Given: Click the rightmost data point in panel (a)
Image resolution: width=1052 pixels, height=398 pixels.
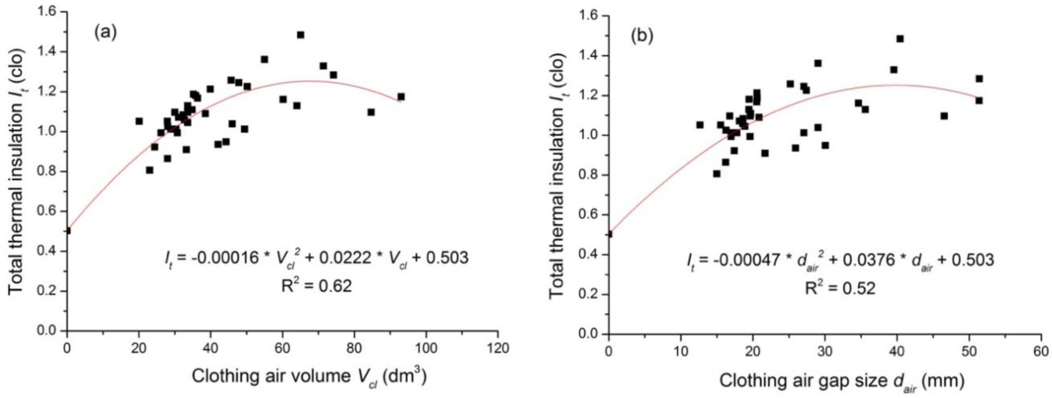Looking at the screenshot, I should point(401,97).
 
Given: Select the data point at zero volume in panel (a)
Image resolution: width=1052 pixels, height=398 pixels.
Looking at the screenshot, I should point(68,231).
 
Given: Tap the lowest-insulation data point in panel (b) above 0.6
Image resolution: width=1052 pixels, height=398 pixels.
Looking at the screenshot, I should point(717,174).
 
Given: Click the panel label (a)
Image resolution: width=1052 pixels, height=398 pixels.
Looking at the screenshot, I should point(106,32).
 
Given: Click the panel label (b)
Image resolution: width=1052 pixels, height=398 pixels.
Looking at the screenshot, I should point(642,37).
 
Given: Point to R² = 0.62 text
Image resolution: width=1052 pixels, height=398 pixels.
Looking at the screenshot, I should point(317,286).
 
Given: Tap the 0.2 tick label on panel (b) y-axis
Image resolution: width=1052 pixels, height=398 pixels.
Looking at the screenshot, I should point(588,295).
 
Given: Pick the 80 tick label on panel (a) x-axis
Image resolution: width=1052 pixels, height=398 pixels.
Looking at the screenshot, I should point(354,349).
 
